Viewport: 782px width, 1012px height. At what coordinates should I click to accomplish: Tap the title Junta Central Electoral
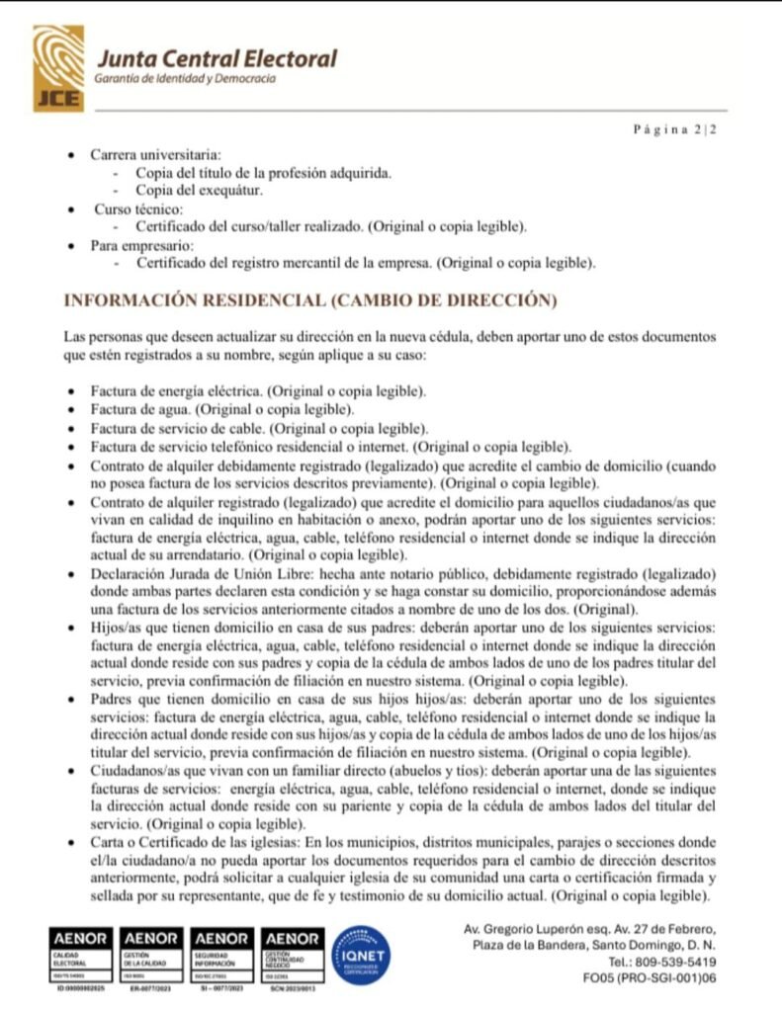click(215, 58)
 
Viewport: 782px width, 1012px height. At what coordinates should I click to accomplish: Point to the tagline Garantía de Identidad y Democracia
click(184, 79)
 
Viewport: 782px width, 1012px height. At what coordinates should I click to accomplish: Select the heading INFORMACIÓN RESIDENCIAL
click(309, 299)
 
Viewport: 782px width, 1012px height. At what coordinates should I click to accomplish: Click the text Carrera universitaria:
click(156, 156)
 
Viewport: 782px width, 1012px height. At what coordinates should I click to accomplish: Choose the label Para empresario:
click(142, 244)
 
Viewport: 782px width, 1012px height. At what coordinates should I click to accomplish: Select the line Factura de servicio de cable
click(177, 428)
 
